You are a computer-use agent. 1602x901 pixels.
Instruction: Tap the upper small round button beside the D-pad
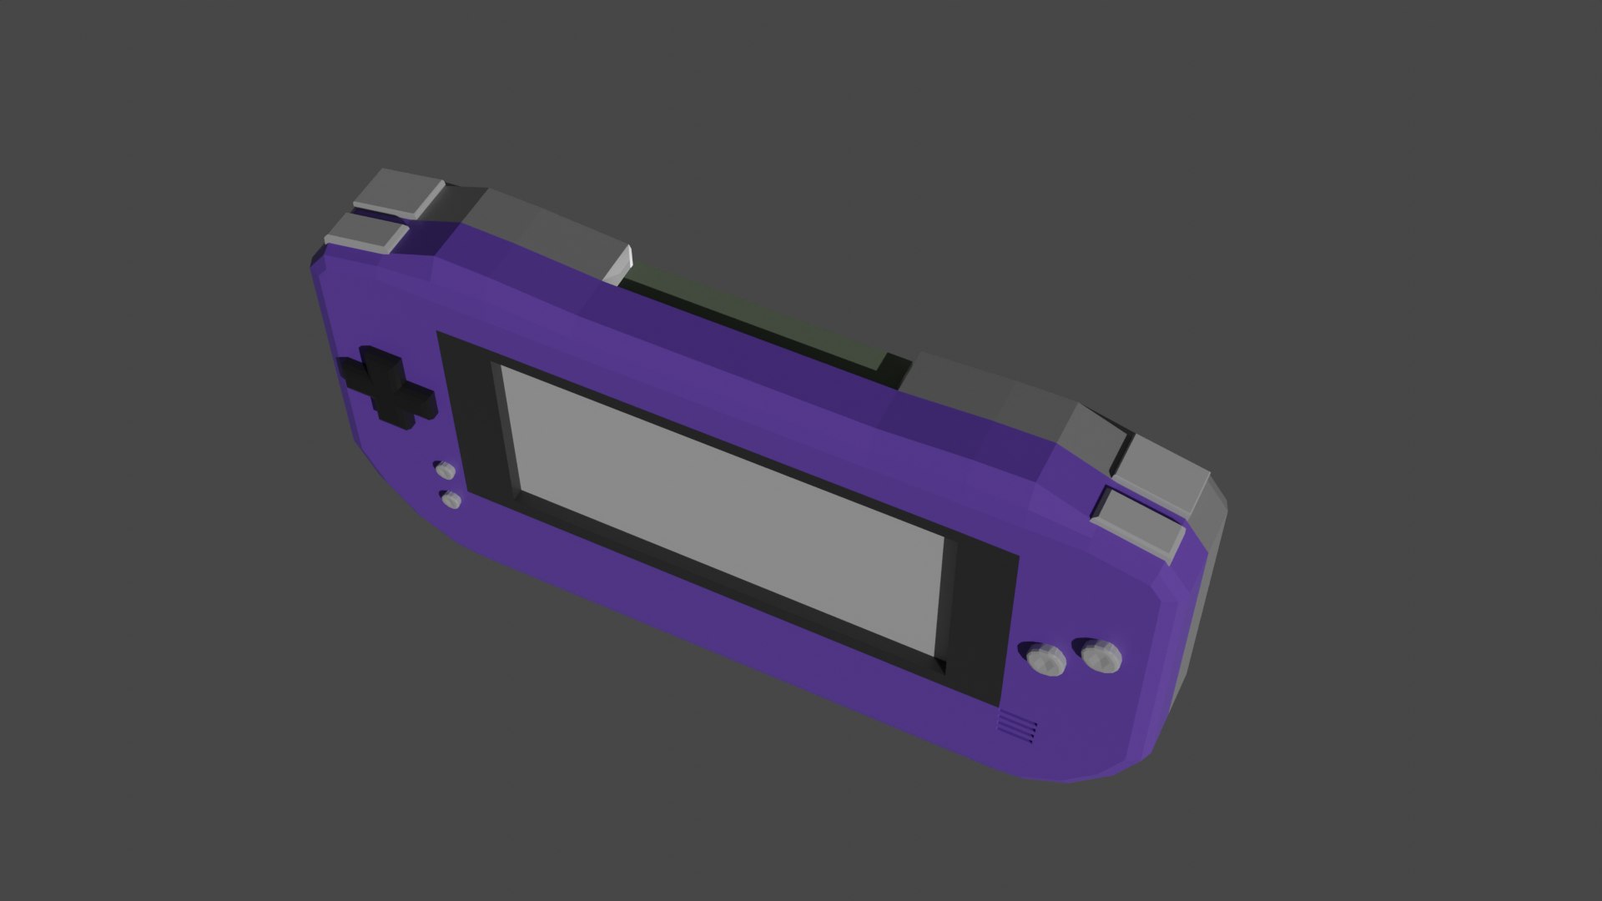[445, 470]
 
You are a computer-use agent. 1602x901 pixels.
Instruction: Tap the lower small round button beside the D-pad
[451, 500]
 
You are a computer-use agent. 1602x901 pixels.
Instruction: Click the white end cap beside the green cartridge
[618, 264]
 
